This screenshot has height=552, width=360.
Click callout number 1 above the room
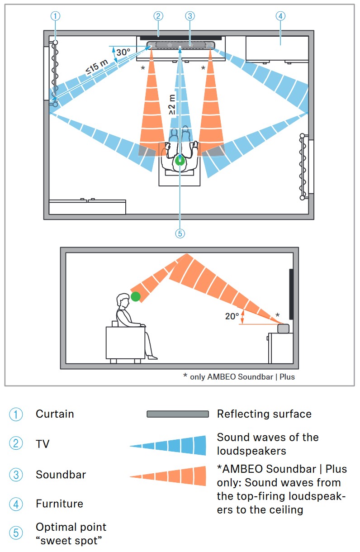pos(55,16)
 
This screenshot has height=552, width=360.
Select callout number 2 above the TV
pos(158,16)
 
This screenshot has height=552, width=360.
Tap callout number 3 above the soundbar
pos(189,16)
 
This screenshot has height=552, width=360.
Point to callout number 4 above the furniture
pos(280,16)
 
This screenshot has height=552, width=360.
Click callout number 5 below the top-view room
pos(180,233)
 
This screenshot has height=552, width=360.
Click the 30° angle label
pos(123,52)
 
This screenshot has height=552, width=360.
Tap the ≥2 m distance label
pos(172,104)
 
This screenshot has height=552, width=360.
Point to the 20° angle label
pos(232,316)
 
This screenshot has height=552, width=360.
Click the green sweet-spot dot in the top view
pos(180,161)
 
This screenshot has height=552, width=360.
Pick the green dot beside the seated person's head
pos(135,297)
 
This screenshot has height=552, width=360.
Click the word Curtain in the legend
pos(55,414)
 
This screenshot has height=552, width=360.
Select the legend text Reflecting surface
pos(264,414)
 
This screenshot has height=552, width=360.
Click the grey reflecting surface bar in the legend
pos(178,414)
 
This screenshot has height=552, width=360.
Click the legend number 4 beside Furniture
pos(16,504)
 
